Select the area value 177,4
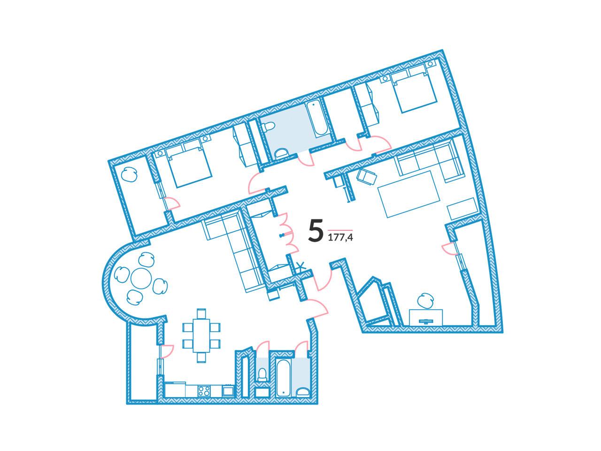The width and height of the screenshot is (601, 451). pyautogui.click(x=340, y=237)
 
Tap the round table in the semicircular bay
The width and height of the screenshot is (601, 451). pyautogui.click(x=141, y=279)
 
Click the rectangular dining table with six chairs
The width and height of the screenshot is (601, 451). pyautogui.click(x=201, y=335)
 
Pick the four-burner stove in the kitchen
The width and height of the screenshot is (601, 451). pyautogui.click(x=204, y=391)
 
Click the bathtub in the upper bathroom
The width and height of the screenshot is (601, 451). pyautogui.click(x=316, y=119)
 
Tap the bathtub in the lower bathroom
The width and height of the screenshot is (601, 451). pyautogui.click(x=284, y=378)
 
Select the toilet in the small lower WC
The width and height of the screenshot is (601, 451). pyautogui.click(x=262, y=374)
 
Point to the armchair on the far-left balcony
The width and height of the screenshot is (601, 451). pyautogui.click(x=129, y=175)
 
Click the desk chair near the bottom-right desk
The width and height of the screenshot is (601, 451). pyautogui.click(x=425, y=301)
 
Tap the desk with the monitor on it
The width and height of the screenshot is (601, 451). pyautogui.click(x=426, y=318)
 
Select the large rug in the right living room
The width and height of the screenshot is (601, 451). pyautogui.click(x=409, y=194)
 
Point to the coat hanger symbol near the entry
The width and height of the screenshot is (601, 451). pyautogui.click(x=301, y=265)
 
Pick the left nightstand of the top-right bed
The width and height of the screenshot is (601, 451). pyautogui.click(x=385, y=78)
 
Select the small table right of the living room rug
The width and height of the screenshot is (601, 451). pyautogui.click(x=463, y=209)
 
